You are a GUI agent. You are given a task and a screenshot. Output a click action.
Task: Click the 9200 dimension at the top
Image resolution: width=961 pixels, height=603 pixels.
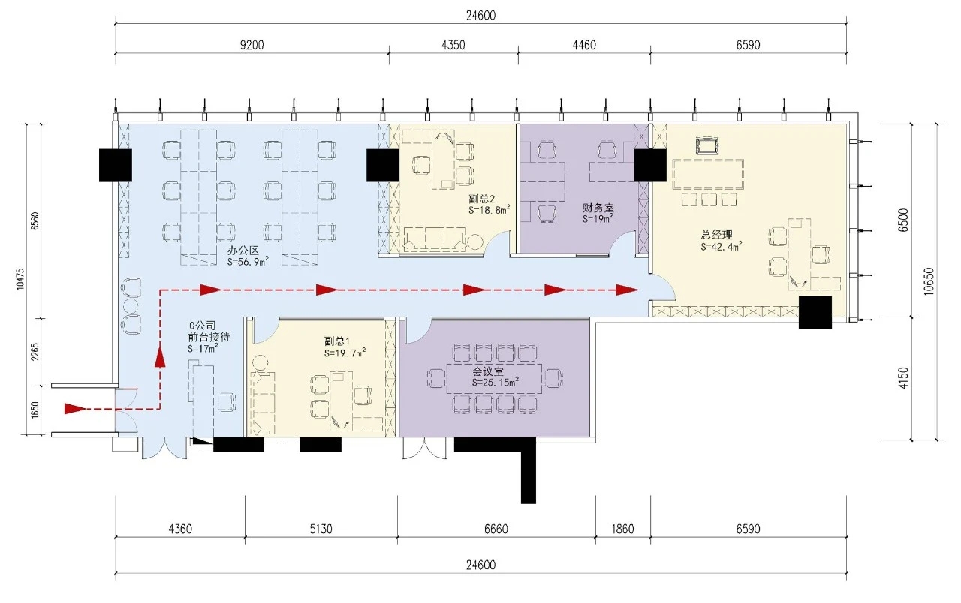[x=252, y=45]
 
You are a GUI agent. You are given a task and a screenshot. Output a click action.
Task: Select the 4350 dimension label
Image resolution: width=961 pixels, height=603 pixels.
[x=453, y=45]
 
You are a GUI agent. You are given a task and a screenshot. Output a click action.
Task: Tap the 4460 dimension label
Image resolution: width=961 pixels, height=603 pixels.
[x=584, y=45]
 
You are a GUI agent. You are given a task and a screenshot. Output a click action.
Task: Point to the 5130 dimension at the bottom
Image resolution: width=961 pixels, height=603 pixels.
[x=321, y=529]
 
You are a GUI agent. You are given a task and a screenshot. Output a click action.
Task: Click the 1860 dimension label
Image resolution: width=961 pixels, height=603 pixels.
[x=622, y=529]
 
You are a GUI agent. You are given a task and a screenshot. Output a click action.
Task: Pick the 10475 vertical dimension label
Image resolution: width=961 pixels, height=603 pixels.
[x=20, y=279]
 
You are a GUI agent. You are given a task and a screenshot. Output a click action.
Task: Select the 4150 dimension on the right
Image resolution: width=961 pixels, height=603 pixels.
[x=903, y=378]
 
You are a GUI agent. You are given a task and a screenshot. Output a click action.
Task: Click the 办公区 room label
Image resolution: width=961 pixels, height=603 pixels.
[x=243, y=250]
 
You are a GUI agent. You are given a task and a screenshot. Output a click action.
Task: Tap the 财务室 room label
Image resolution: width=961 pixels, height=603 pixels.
[x=598, y=208]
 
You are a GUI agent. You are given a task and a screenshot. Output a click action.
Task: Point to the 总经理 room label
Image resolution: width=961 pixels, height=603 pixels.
[x=717, y=235]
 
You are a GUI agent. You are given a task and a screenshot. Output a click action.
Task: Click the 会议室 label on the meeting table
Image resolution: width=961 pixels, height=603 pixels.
[x=488, y=371]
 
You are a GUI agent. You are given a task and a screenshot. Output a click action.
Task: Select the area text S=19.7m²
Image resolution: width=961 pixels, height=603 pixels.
[x=345, y=352]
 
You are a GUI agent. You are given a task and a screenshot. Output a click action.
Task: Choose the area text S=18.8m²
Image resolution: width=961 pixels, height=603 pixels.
[x=489, y=209]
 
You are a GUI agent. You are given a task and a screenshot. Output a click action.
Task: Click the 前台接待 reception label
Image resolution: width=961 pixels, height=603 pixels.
[x=209, y=337]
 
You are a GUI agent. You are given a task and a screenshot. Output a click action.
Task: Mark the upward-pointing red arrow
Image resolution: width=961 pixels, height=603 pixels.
[x=160, y=357]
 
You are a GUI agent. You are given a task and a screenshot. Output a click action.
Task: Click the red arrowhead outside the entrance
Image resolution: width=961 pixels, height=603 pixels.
[x=75, y=409]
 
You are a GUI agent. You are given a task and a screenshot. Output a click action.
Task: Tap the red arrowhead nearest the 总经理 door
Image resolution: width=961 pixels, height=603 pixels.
[x=627, y=289]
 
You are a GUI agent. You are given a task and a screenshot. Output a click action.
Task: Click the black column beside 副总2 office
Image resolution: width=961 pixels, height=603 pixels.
[x=383, y=166]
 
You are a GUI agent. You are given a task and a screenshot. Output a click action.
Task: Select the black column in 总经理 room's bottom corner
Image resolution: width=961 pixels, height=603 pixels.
[x=815, y=313]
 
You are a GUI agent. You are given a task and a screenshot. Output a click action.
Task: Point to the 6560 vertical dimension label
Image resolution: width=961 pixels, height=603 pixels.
[x=35, y=221]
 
